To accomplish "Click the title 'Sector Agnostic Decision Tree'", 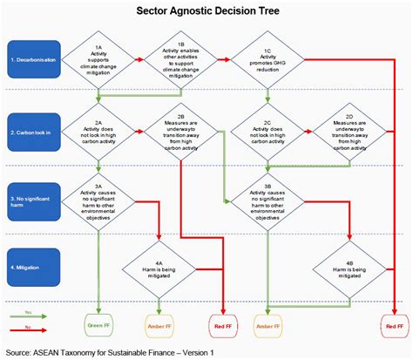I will pos(206,12).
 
